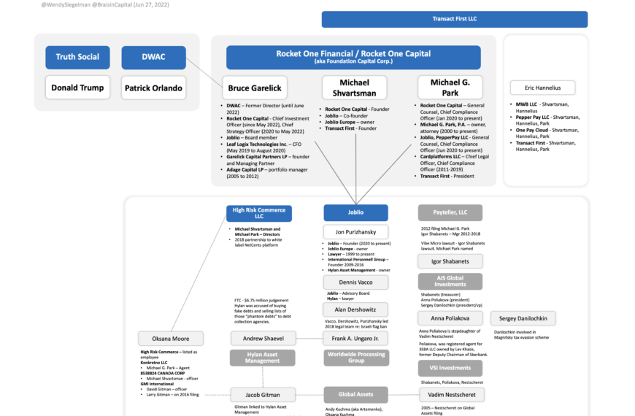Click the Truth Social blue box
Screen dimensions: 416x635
(x=77, y=58)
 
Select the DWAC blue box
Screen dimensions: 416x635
(x=153, y=58)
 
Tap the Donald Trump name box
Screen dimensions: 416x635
(x=77, y=88)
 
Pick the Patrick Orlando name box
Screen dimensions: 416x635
(x=153, y=88)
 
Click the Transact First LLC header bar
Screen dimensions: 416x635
(x=454, y=20)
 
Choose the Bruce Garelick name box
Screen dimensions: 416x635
(x=255, y=88)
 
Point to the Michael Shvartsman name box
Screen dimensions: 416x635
(x=354, y=88)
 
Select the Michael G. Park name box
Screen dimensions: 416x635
(x=450, y=88)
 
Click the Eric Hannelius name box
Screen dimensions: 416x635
(x=542, y=88)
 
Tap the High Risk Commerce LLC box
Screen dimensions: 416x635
(x=259, y=213)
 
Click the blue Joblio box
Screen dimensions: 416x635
(x=356, y=213)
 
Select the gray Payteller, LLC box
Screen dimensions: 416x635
(x=450, y=213)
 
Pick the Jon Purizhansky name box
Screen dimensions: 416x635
(x=356, y=232)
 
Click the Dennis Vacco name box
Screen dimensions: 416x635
(x=356, y=282)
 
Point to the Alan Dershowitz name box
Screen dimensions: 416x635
(x=356, y=309)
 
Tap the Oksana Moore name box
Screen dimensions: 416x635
(x=171, y=339)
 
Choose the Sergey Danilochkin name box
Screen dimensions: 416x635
(x=523, y=318)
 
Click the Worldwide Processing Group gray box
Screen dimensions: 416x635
(x=356, y=357)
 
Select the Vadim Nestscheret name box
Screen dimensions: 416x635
(x=450, y=394)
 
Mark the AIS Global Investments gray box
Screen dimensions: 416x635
(x=450, y=282)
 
